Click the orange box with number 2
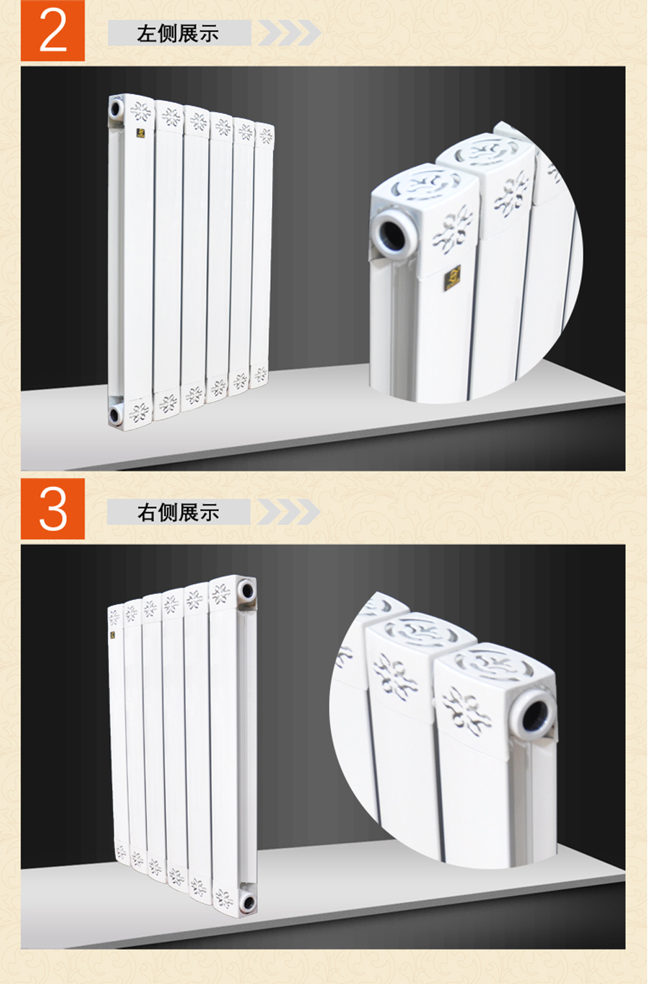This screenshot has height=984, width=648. [x=52, y=30]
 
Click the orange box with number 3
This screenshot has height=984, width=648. [x=52, y=509]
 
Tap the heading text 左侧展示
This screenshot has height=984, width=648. [x=178, y=34]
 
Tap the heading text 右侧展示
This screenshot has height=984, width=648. [x=178, y=512]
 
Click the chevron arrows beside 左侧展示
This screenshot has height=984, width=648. [x=290, y=32]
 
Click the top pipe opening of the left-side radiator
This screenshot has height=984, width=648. [x=116, y=108]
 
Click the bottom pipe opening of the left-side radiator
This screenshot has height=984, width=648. [x=115, y=414]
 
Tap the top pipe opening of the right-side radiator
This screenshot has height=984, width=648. [x=247, y=590]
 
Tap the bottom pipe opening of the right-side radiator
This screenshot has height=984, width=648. [x=249, y=902]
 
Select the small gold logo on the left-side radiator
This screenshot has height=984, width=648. [x=141, y=133]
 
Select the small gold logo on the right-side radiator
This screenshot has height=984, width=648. [x=113, y=635]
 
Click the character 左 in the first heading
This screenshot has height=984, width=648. [x=146, y=34]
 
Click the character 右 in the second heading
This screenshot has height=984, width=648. [x=147, y=512]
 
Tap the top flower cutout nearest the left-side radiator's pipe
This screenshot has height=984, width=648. [x=141, y=111]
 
